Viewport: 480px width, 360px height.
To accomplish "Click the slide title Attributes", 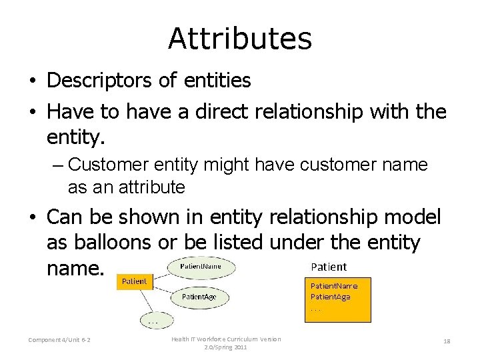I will pyautogui.click(x=239, y=39).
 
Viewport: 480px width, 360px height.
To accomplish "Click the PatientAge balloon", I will pyautogui.click(x=199, y=297).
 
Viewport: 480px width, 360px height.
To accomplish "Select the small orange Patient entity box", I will pyautogui.click(x=134, y=281).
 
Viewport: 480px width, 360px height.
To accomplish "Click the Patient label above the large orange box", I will pyautogui.click(x=329, y=267).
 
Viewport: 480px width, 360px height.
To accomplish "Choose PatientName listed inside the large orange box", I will pyautogui.click(x=334, y=286).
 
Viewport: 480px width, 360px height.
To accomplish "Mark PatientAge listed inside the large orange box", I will pyautogui.click(x=331, y=297).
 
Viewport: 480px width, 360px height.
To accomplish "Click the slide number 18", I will pyautogui.click(x=447, y=341).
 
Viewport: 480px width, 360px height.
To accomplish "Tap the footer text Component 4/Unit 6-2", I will pyautogui.click(x=60, y=341).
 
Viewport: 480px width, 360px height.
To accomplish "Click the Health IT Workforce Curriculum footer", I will pyautogui.click(x=226, y=343).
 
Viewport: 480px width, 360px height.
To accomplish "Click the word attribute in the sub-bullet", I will pyautogui.click(x=152, y=187).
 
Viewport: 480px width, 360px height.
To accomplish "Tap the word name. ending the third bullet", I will pyautogui.click(x=76, y=269).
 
